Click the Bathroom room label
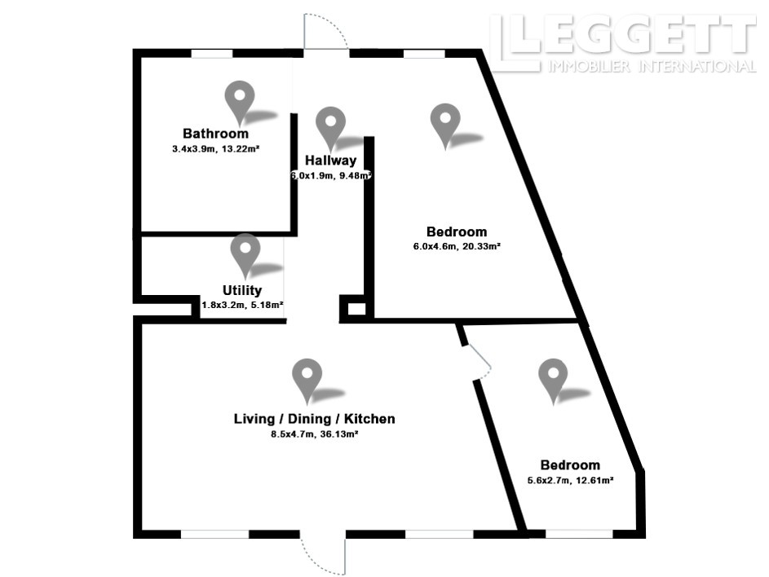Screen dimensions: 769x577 point(215,134)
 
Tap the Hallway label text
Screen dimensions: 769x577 point(330,161)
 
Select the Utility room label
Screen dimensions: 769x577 point(242,290)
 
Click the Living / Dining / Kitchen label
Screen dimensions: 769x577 point(314,419)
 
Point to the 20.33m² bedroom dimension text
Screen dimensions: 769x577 point(457,247)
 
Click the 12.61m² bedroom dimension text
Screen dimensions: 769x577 point(570,480)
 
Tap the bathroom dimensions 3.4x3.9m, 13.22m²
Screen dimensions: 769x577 point(215,149)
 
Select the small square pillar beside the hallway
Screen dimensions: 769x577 point(356,309)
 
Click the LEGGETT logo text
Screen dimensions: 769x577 point(623,35)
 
